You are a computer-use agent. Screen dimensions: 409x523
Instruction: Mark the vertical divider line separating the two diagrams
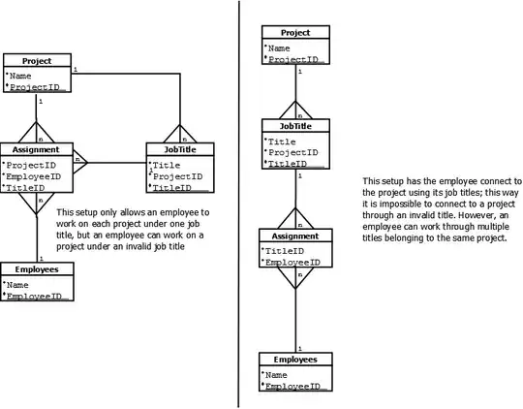click(239, 204)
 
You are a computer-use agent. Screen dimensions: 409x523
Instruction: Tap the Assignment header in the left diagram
click(36, 150)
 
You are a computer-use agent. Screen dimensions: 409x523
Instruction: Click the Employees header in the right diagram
click(295, 359)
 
